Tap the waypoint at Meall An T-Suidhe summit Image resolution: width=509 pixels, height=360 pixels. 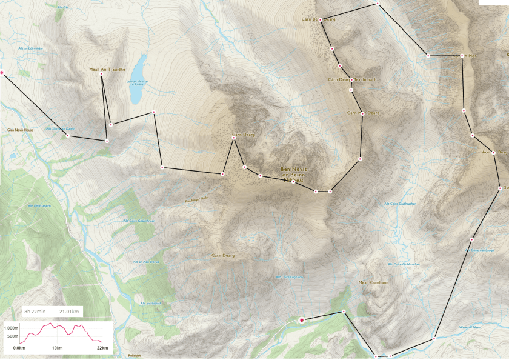point(101,74)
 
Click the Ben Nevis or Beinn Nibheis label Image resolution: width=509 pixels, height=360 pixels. point(293,174)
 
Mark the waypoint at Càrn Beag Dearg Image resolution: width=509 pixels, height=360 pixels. point(321,19)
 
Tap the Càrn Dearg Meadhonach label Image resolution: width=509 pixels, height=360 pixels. point(352,79)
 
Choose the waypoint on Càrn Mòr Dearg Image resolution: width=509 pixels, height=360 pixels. point(362,113)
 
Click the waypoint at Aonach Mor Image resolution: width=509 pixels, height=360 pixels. point(462,56)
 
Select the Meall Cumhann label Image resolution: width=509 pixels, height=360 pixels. point(373,282)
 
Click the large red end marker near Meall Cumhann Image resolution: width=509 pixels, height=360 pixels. point(302,320)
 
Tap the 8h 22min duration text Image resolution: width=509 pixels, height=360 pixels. point(35,312)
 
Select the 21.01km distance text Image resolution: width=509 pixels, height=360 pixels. point(69,312)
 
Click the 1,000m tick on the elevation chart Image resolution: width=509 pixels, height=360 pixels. point(12,327)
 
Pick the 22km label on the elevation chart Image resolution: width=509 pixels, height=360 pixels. point(102,348)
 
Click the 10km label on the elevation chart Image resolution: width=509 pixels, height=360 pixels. point(57,348)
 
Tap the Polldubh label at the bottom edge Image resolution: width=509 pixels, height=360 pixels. point(135,356)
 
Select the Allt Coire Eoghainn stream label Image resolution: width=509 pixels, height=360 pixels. point(289,278)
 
